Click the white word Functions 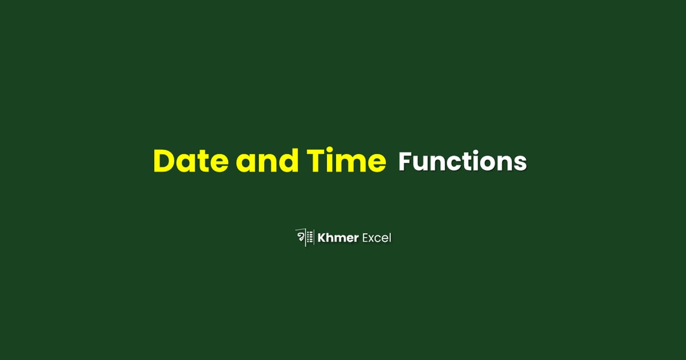coord(462,162)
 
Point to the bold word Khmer coord(338,238)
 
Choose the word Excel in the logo coord(377,238)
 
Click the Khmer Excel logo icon coord(304,237)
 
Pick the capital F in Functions coord(405,162)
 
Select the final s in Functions coord(520,165)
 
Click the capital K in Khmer coord(322,238)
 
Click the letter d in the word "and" coord(288,161)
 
